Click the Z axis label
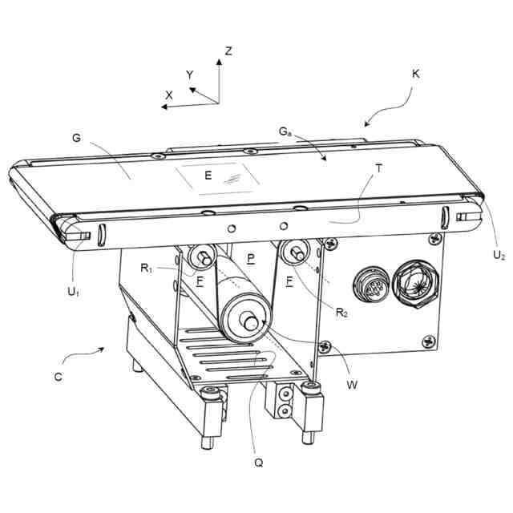click(228, 51)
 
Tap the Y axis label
click(190, 75)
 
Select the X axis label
click(169, 95)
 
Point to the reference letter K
click(415, 74)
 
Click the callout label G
click(76, 138)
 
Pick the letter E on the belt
click(208, 176)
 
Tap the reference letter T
click(379, 168)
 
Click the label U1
click(73, 292)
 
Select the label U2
click(499, 255)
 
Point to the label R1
click(146, 269)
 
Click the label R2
click(341, 313)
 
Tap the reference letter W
click(352, 385)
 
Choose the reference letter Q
click(258, 463)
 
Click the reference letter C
click(59, 377)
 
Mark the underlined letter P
click(251, 259)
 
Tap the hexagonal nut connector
click(415, 284)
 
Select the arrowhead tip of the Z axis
click(219, 59)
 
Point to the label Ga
click(285, 131)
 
